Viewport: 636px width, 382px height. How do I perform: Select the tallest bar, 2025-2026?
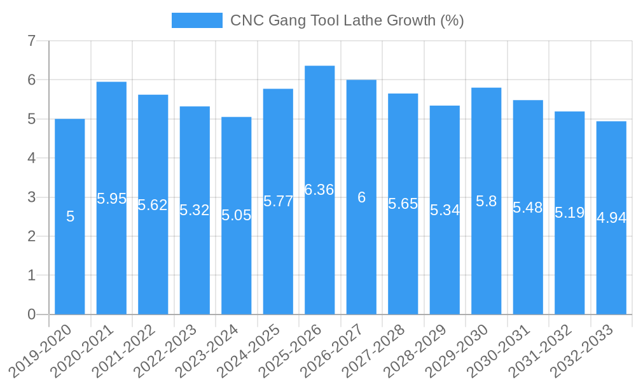319,255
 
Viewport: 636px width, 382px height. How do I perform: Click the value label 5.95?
111,199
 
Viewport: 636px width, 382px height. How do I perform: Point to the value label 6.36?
319,190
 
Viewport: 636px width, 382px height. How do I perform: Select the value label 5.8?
486,201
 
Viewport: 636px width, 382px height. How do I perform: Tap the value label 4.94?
611,218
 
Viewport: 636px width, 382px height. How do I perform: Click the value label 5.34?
445,210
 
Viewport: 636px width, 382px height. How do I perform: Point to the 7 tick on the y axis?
31,41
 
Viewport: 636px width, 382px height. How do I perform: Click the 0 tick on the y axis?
31,315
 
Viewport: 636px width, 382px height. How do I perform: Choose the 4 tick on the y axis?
31,158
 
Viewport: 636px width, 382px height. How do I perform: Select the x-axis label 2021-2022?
132,350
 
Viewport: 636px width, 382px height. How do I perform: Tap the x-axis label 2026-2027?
340,350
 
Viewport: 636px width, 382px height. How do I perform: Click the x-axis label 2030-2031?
506,350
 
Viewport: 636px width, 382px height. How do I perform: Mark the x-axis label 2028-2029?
423,350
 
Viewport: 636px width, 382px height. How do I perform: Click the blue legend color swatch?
197,20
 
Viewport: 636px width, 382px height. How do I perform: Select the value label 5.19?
569,213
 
